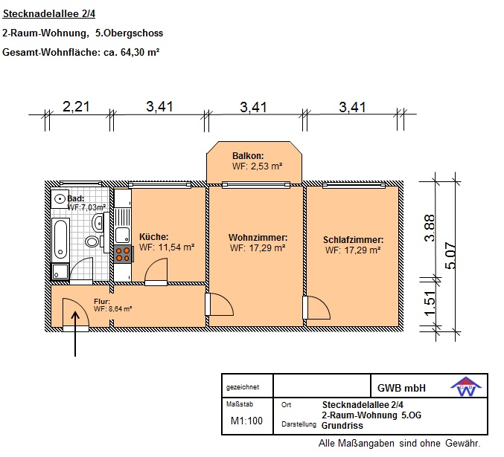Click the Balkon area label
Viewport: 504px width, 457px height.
coord(248,156)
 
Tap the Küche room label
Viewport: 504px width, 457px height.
coord(153,237)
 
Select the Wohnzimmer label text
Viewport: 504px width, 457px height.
coord(258,238)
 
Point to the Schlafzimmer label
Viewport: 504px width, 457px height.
coord(353,240)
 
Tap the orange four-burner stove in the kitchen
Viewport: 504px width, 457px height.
coord(123,254)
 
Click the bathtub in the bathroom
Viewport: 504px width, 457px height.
coord(60,239)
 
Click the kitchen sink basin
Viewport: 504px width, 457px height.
coord(122,235)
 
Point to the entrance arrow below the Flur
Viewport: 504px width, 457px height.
coord(75,334)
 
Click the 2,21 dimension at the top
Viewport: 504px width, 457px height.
coord(76,107)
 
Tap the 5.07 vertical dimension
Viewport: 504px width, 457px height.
coord(450,255)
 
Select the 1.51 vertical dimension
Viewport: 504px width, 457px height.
coord(430,304)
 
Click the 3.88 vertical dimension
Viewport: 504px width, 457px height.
coord(430,228)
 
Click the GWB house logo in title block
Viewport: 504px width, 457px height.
coord(466,386)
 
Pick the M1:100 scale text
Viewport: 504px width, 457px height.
coord(246,421)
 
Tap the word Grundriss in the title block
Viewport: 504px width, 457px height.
coord(342,426)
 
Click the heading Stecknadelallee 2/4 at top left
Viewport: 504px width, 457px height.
coord(49,14)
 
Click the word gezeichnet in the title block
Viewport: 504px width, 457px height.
coord(243,387)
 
